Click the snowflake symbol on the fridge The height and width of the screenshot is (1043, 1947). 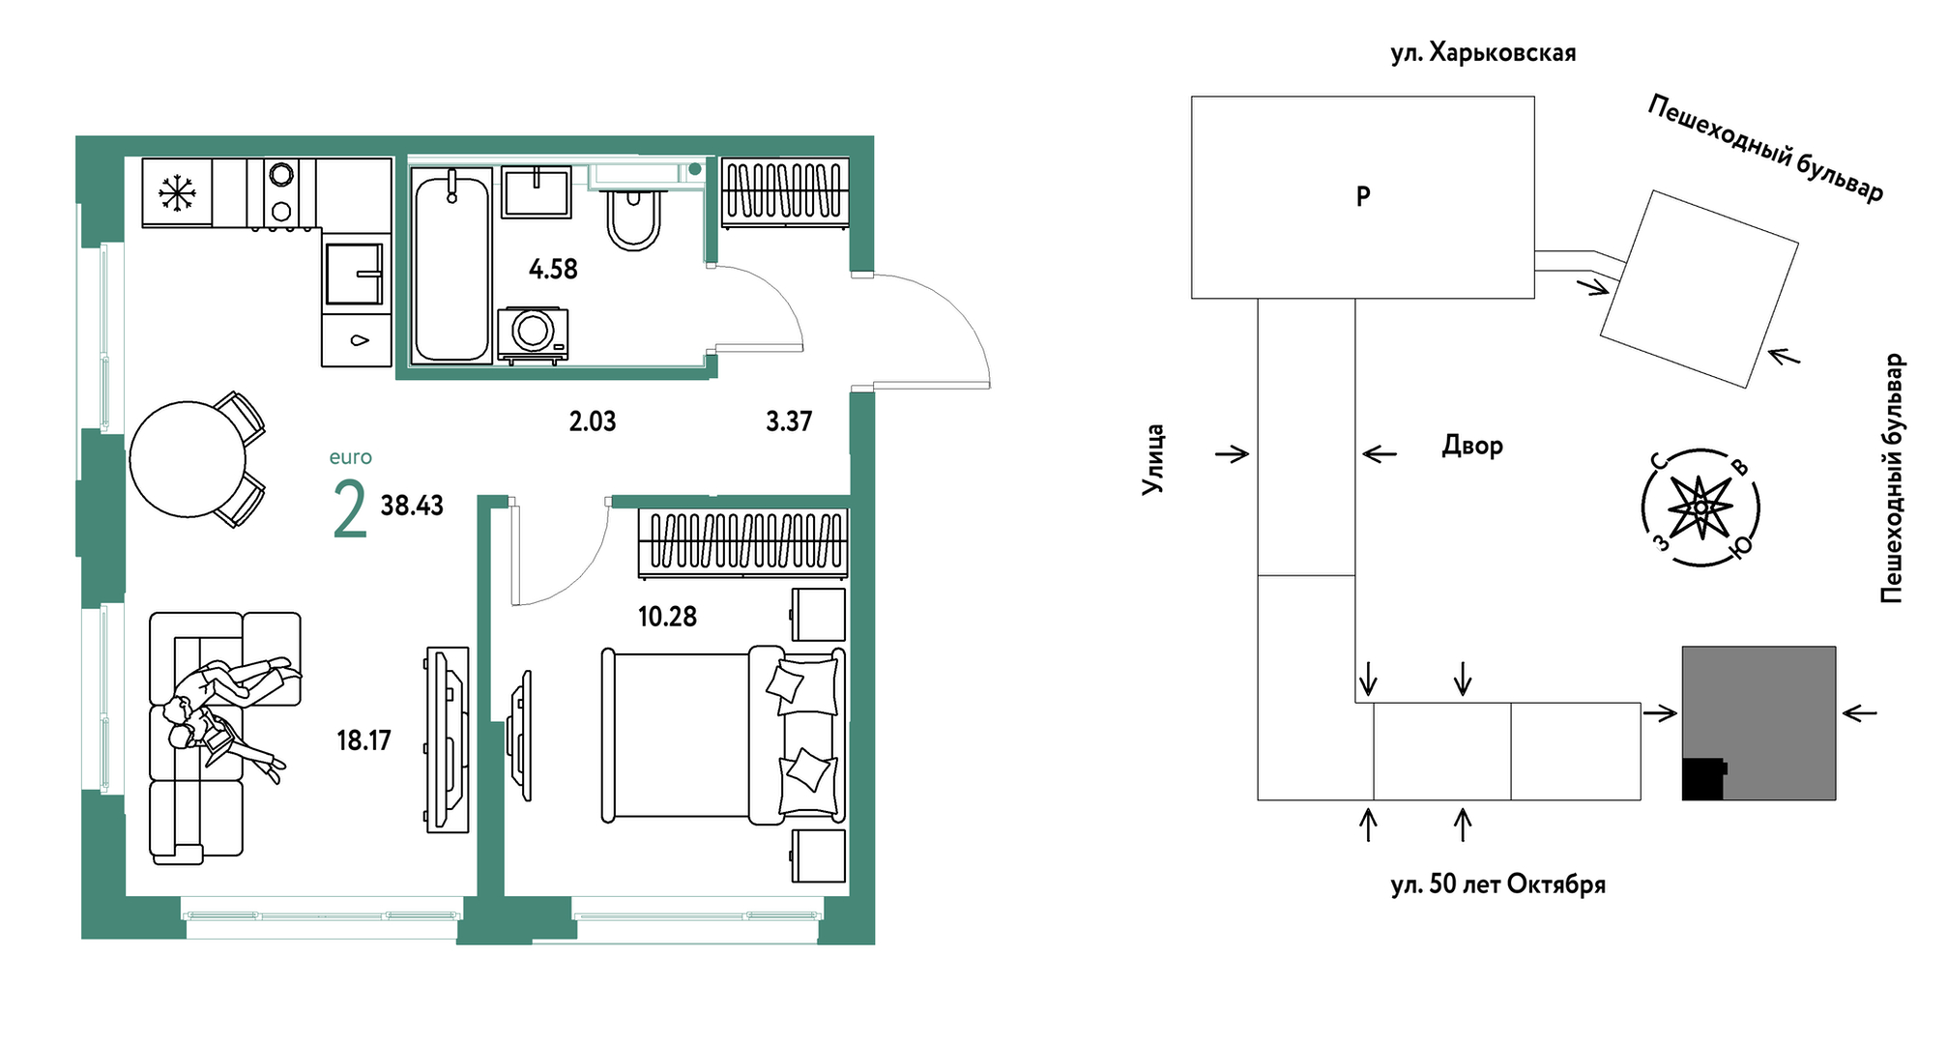click(177, 192)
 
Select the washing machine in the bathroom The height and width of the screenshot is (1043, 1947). click(533, 333)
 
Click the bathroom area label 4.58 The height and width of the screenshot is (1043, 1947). click(553, 269)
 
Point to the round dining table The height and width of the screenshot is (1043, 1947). click(188, 459)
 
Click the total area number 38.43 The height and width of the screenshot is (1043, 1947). click(412, 506)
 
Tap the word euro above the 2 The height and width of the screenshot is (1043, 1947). click(350, 457)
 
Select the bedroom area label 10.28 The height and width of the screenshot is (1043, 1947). click(667, 617)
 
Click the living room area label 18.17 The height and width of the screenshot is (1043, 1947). click(363, 740)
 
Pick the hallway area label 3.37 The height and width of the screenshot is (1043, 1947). click(789, 421)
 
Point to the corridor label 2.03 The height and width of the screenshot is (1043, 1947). click(593, 421)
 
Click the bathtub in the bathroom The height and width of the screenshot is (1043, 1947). click(451, 266)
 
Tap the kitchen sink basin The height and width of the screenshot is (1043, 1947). click(354, 274)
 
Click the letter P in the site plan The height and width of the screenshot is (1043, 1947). click(1363, 196)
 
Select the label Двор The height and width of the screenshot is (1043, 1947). click(1472, 446)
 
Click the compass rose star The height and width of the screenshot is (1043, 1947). click(1700, 507)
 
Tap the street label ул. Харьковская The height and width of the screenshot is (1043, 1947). click(1483, 53)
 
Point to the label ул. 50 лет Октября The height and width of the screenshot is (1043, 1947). click(1497, 884)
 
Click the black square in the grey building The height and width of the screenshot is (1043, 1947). click(1703, 779)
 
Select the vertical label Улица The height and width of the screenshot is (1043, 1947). click(1153, 460)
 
